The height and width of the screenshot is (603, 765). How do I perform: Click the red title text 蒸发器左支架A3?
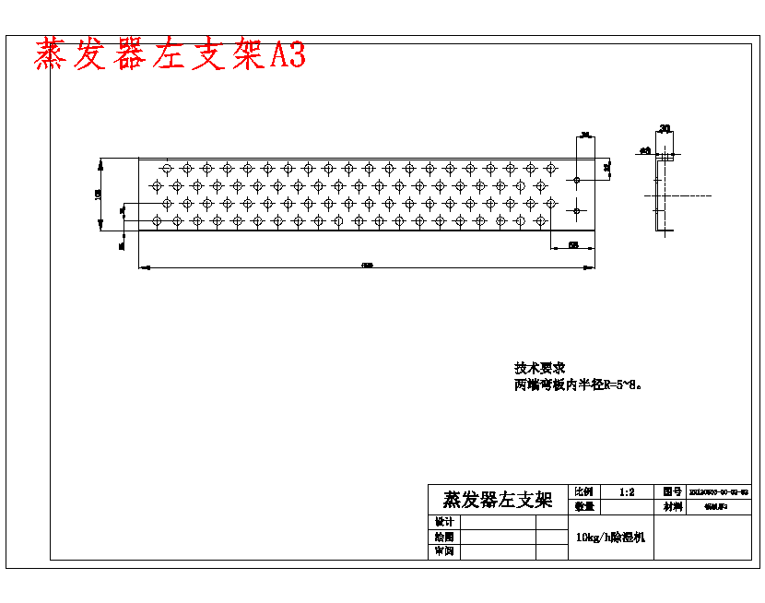(x=170, y=55)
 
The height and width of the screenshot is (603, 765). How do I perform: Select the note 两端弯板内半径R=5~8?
(x=577, y=384)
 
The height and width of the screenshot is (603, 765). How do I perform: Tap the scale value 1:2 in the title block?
(x=627, y=492)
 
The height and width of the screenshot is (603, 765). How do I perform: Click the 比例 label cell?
(x=584, y=492)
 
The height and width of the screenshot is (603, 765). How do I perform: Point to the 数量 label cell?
(x=584, y=506)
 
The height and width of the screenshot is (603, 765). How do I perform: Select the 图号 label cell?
(x=671, y=492)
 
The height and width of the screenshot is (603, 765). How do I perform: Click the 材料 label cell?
(x=671, y=506)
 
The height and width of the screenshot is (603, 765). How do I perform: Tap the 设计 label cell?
(x=443, y=522)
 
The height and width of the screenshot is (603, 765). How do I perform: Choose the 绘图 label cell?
(x=443, y=537)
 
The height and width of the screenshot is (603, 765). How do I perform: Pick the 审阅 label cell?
(x=443, y=551)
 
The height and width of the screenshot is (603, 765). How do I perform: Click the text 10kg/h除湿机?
(x=610, y=537)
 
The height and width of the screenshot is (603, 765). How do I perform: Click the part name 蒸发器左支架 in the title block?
(x=498, y=500)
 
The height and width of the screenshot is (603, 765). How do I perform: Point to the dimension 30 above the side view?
(x=665, y=129)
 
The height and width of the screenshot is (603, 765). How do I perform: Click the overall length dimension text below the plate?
(x=367, y=266)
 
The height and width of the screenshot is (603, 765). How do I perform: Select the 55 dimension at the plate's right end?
(x=572, y=244)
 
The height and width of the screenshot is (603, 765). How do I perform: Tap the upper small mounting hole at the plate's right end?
(x=577, y=179)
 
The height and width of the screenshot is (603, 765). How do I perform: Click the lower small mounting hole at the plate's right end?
(x=577, y=210)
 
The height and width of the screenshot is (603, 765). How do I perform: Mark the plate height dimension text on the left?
(x=98, y=195)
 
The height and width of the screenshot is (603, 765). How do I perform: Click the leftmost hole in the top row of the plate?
(x=167, y=168)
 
